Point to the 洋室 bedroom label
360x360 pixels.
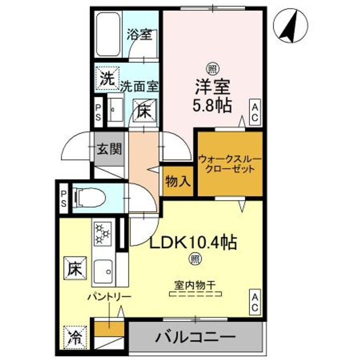(x=212, y=87)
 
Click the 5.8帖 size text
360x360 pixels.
(x=212, y=106)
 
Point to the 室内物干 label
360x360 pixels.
(x=194, y=285)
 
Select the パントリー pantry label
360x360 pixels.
(x=109, y=297)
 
